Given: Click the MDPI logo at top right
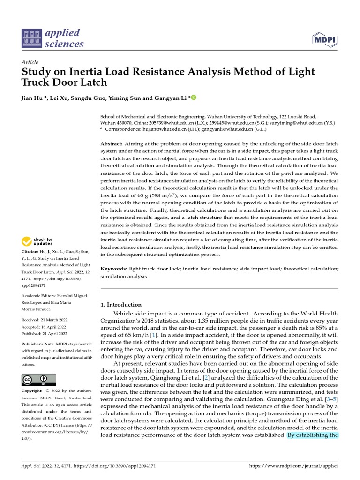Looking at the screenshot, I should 324,39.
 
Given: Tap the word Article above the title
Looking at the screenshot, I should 30,62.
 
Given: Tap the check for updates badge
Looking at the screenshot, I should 38,241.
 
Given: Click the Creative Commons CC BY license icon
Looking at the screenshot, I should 38,380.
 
